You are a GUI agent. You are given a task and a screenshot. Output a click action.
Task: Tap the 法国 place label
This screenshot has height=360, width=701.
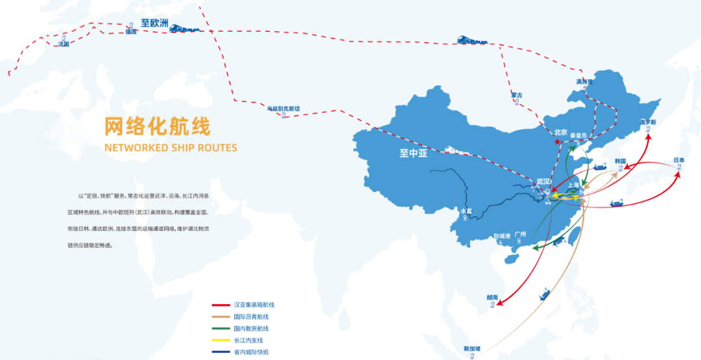pyautogui.click(x=63, y=44)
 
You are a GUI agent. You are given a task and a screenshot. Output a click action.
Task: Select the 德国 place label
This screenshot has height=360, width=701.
pyautogui.click(x=132, y=32)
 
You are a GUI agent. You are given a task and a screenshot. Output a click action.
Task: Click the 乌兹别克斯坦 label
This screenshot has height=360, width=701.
pyautogui.click(x=284, y=108)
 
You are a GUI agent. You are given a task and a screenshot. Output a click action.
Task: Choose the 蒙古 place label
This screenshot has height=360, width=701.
pyautogui.click(x=517, y=95)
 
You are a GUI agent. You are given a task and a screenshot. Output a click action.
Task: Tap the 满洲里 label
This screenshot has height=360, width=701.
pyautogui.click(x=585, y=82)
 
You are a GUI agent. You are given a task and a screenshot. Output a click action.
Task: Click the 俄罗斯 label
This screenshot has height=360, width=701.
pyautogui.click(x=648, y=122)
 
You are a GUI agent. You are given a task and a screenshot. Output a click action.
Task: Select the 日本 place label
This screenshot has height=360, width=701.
pyautogui.click(x=679, y=160)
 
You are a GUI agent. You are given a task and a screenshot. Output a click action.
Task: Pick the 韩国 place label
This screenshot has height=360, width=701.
pyautogui.click(x=620, y=161)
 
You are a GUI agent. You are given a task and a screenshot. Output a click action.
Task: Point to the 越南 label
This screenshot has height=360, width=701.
pyautogui.click(x=492, y=297)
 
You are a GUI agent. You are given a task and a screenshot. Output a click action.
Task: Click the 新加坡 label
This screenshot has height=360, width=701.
pyautogui.click(x=472, y=349)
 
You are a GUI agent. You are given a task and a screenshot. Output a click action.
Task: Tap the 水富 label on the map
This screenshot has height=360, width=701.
pyautogui.click(x=466, y=211)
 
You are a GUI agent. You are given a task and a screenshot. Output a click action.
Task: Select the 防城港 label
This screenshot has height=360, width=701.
pyautogui.click(x=502, y=236)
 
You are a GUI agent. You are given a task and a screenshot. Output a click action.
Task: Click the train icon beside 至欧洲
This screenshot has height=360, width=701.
pyautogui.click(x=184, y=27)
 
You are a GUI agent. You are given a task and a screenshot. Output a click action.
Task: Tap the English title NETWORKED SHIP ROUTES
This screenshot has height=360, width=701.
pyautogui.click(x=171, y=147)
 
